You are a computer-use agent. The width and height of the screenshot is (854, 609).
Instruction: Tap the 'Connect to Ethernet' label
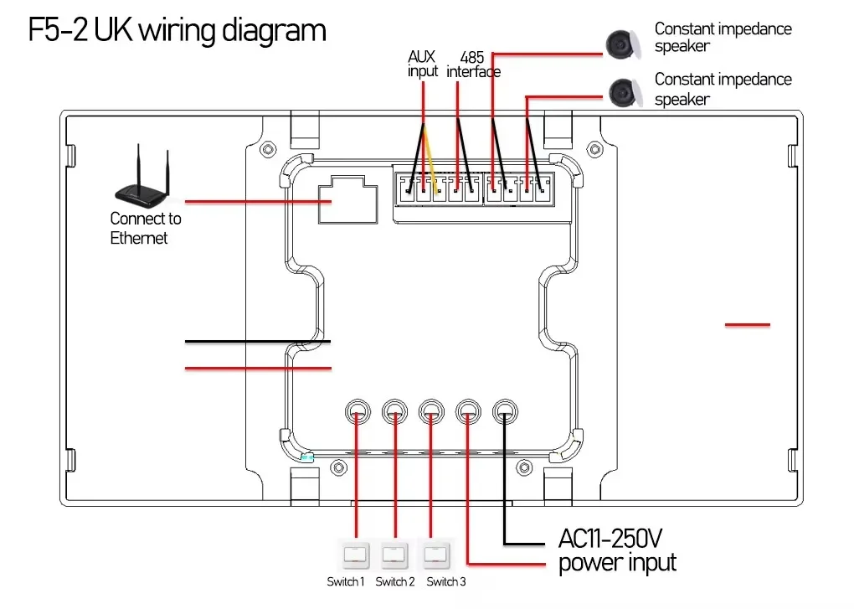[x=145, y=229]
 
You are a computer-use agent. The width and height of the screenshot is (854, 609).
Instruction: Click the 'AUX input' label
[x=423, y=65]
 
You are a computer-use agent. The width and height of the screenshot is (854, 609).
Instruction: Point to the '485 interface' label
[x=474, y=65]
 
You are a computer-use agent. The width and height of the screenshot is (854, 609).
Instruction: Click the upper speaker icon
[x=623, y=40]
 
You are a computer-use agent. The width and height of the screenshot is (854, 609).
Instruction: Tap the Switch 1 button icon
[x=356, y=555]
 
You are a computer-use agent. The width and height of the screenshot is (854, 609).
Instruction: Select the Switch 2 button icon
[x=394, y=555]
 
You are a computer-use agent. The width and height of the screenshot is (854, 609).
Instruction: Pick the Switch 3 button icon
[x=435, y=555]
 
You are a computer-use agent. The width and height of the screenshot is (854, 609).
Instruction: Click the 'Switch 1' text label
[x=346, y=582]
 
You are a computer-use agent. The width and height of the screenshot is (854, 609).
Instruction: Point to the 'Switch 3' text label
[x=446, y=582]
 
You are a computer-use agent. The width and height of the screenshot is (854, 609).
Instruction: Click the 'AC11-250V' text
[x=615, y=537]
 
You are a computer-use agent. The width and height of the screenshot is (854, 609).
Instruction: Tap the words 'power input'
[x=617, y=562]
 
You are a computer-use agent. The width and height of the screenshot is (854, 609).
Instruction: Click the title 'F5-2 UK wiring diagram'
[x=177, y=31]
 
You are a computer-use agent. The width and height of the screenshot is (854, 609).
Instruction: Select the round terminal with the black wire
[x=505, y=410]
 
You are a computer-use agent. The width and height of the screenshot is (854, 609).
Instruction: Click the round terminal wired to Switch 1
[x=358, y=410]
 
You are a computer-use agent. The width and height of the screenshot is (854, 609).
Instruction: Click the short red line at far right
[x=747, y=324]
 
